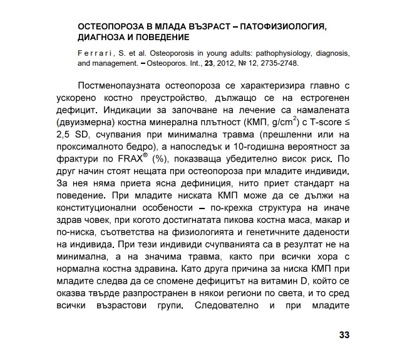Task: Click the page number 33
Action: click(343, 334)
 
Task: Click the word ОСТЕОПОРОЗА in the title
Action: click(115, 28)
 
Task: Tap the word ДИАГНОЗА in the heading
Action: click(102, 38)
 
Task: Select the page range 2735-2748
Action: click(276, 63)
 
